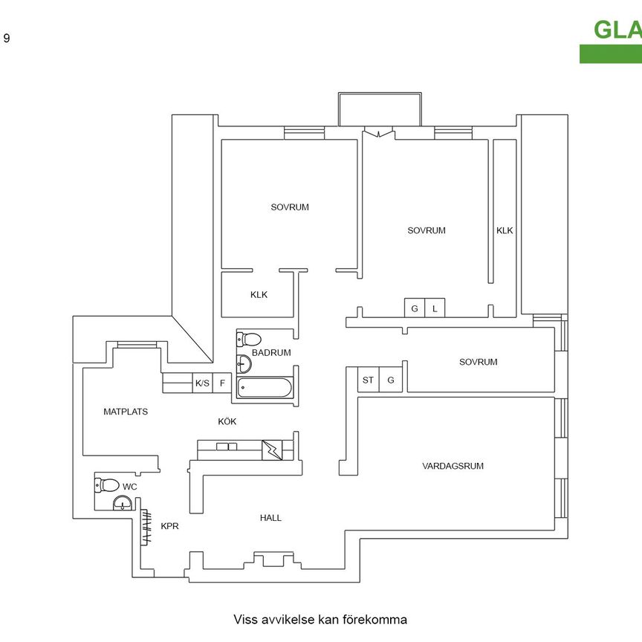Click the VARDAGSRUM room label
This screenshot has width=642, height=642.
453,467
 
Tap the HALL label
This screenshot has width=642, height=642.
270,518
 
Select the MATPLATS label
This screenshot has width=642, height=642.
126,411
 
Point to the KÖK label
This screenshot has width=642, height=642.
227,421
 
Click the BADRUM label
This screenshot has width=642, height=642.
271,353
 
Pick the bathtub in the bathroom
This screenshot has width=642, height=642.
265,388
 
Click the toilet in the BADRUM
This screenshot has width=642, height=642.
247,340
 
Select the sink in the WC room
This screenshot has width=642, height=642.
122,505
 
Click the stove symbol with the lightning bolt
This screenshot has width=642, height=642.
270,450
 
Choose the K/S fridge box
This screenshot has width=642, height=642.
202,383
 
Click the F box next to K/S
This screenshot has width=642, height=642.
222,383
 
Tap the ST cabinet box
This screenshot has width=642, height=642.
368,380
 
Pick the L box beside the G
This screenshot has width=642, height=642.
435,308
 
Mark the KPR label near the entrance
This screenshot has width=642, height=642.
170,525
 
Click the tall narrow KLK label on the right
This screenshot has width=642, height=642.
505,230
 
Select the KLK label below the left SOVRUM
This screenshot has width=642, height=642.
259,294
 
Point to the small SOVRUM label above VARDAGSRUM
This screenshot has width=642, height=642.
478,362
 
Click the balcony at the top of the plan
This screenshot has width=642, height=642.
380,110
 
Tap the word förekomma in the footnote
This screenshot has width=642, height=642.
372,619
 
